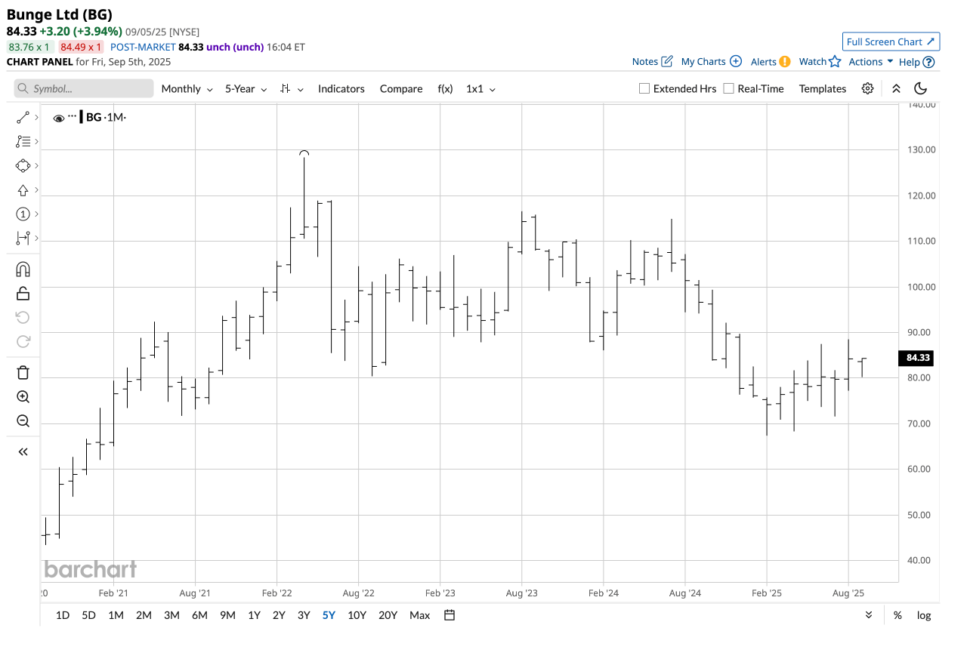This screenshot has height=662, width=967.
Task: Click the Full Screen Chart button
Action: (891, 42)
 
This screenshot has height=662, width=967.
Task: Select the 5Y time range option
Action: (329, 615)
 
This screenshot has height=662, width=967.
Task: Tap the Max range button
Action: (419, 615)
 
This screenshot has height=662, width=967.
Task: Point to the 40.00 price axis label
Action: (919, 560)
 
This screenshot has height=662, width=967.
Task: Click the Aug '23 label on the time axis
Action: (522, 593)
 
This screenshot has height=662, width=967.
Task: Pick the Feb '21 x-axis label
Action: (113, 593)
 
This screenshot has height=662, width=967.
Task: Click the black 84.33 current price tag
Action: (917, 359)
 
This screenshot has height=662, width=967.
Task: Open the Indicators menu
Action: (341, 88)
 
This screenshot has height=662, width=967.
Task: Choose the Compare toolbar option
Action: (401, 88)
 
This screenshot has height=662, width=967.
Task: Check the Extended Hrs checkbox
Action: (644, 88)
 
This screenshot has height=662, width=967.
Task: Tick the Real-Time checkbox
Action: (729, 88)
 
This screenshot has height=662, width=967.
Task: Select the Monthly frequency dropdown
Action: (187, 88)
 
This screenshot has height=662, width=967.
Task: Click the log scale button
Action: (924, 615)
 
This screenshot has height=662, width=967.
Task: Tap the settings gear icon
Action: (867, 88)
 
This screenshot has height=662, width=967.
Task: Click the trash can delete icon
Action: (23, 372)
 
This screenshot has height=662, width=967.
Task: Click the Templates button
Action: (823, 88)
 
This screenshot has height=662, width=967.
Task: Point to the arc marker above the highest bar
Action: (304, 153)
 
